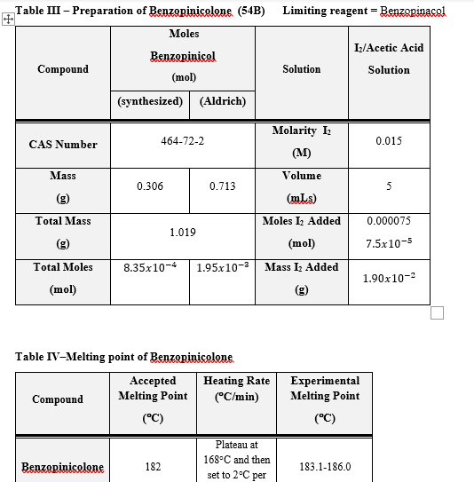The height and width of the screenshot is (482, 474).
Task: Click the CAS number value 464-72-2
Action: pyautogui.click(x=183, y=141)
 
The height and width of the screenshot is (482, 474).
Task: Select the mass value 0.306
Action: pyautogui.click(x=149, y=186)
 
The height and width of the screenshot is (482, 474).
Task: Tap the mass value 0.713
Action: pyautogui.click(x=222, y=186)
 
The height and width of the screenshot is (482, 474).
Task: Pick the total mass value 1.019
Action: pyautogui.click(x=183, y=232)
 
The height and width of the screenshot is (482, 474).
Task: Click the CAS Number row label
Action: pyautogui.click(x=63, y=144)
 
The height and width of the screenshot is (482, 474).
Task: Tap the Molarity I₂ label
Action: pyautogui.click(x=301, y=131)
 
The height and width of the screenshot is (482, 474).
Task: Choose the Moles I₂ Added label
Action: pyautogui.click(x=302, y=221)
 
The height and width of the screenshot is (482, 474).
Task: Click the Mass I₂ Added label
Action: pyautogui.click(x=302, y=267)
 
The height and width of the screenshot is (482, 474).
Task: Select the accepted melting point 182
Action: pyautogui.click(x=153, y=466)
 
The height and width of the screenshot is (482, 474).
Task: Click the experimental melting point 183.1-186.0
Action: pyautogui.click(x=325, y=466)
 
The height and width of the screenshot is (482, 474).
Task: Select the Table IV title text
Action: pyautogui.click(x=123, y=357)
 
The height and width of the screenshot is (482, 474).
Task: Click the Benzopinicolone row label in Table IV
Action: pyautogui.click(x=63, y=467)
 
